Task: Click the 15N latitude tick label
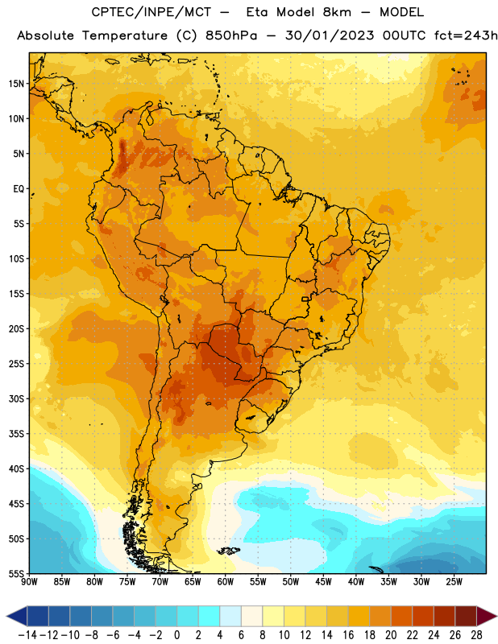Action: (x=16, y=84)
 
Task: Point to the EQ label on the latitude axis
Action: (x=19, y=189)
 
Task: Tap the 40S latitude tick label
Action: (x=16, y=469)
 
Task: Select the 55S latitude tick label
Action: (x=16, y=573)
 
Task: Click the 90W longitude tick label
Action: (x=30, y=582)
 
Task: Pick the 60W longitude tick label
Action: (x=226, y=582)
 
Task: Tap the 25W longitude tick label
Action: (x=454, y=582)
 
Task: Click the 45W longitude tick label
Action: (x=323, y=582)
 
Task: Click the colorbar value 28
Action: (x=476, y=635)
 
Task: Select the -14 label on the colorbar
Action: (x=27, y=635)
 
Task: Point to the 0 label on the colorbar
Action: (x=176, y=635)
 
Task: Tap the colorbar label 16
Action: (x=348, y=635)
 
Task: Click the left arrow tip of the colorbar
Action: (x=6, y=616)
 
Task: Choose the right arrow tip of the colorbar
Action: (x=496, y=616)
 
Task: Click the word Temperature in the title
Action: (x=125, y=35)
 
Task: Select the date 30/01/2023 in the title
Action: (x=330, y=35)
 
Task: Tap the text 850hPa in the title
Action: (x=231, y=35)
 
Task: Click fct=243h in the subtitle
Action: (x=466, y=35)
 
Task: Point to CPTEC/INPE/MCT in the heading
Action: (x=151, y=12)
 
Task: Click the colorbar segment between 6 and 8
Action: (x=251, y=616)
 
